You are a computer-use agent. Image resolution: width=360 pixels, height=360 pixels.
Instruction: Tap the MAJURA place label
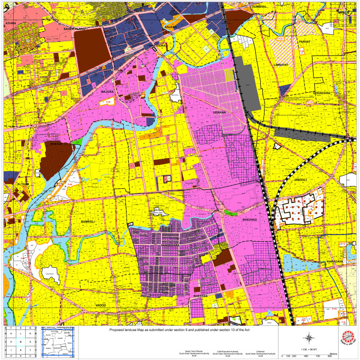coord(107,92)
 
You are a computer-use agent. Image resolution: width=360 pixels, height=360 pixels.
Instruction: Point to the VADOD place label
coord(100,305)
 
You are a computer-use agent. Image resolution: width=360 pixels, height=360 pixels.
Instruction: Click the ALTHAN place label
coord(22,185)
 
